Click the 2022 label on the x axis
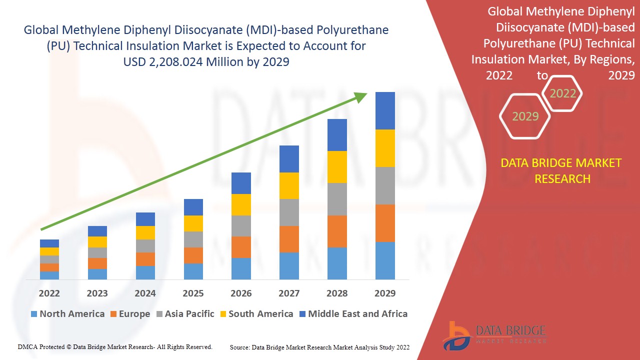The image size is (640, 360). point(49,293)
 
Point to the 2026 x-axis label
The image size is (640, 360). point(241,293)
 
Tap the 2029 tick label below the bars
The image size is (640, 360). point(385,293)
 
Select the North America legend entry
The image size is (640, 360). point(67,314)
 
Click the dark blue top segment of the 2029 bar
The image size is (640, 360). point(385,110)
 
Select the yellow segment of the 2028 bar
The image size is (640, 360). point(337,167)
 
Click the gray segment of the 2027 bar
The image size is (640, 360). point(289,212)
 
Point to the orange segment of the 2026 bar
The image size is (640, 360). point(241,247)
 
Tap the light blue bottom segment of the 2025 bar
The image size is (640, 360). point(193,271)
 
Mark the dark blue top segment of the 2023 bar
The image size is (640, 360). point(97,231)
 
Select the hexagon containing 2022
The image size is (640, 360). point(562,93)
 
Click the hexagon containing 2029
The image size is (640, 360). point(525,116)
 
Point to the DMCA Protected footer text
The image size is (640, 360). point(115,346)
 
